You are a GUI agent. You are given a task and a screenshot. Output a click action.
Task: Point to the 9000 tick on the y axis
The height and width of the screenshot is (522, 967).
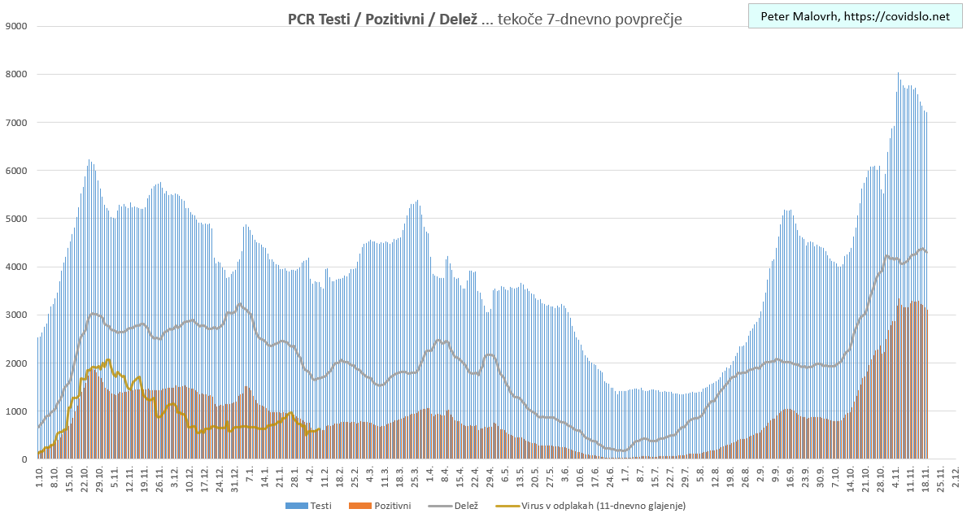coord(16,26)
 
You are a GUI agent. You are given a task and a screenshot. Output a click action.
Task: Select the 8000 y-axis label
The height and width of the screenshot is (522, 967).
coord(16,74)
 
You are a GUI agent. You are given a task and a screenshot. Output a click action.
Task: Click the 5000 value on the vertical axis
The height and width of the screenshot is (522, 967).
coord(16,219)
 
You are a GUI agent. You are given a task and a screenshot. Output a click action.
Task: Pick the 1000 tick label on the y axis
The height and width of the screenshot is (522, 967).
coord(16,411)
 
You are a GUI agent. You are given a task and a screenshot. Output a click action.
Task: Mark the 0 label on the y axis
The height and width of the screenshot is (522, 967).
coord(24,459)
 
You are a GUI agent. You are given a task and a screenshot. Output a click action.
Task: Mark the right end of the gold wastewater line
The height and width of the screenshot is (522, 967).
coord(318,430)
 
